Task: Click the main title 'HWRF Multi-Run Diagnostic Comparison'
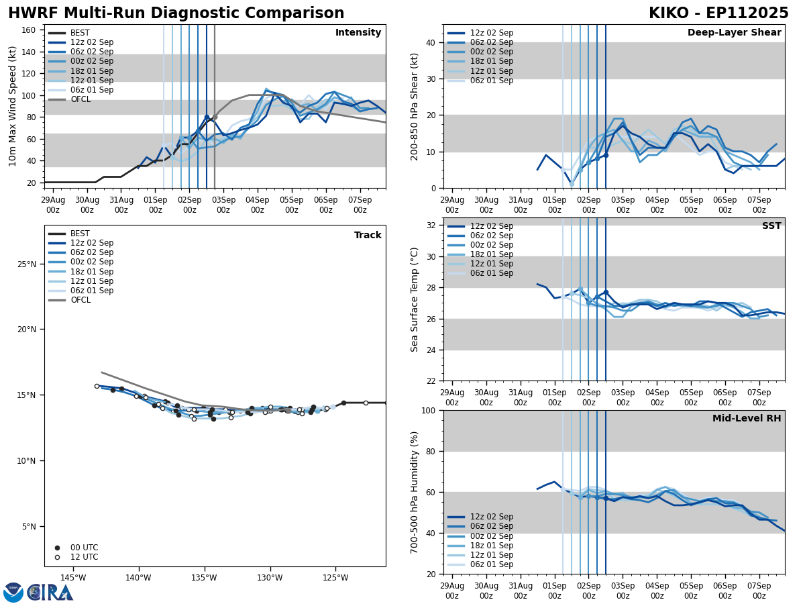(176, 13)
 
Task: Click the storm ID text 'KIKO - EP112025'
(718, 13)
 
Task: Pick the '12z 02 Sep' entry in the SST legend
(492, 226)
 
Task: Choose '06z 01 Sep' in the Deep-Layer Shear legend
(492, 81)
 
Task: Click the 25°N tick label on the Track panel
(26, 264)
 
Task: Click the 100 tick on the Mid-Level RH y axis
(429, 410)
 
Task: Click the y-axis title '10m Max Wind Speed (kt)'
(13, 106)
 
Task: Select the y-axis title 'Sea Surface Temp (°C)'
(415, 299)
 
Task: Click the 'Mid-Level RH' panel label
(747, 419)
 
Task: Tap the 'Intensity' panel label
(358, 33)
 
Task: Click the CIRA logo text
(50, 592)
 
